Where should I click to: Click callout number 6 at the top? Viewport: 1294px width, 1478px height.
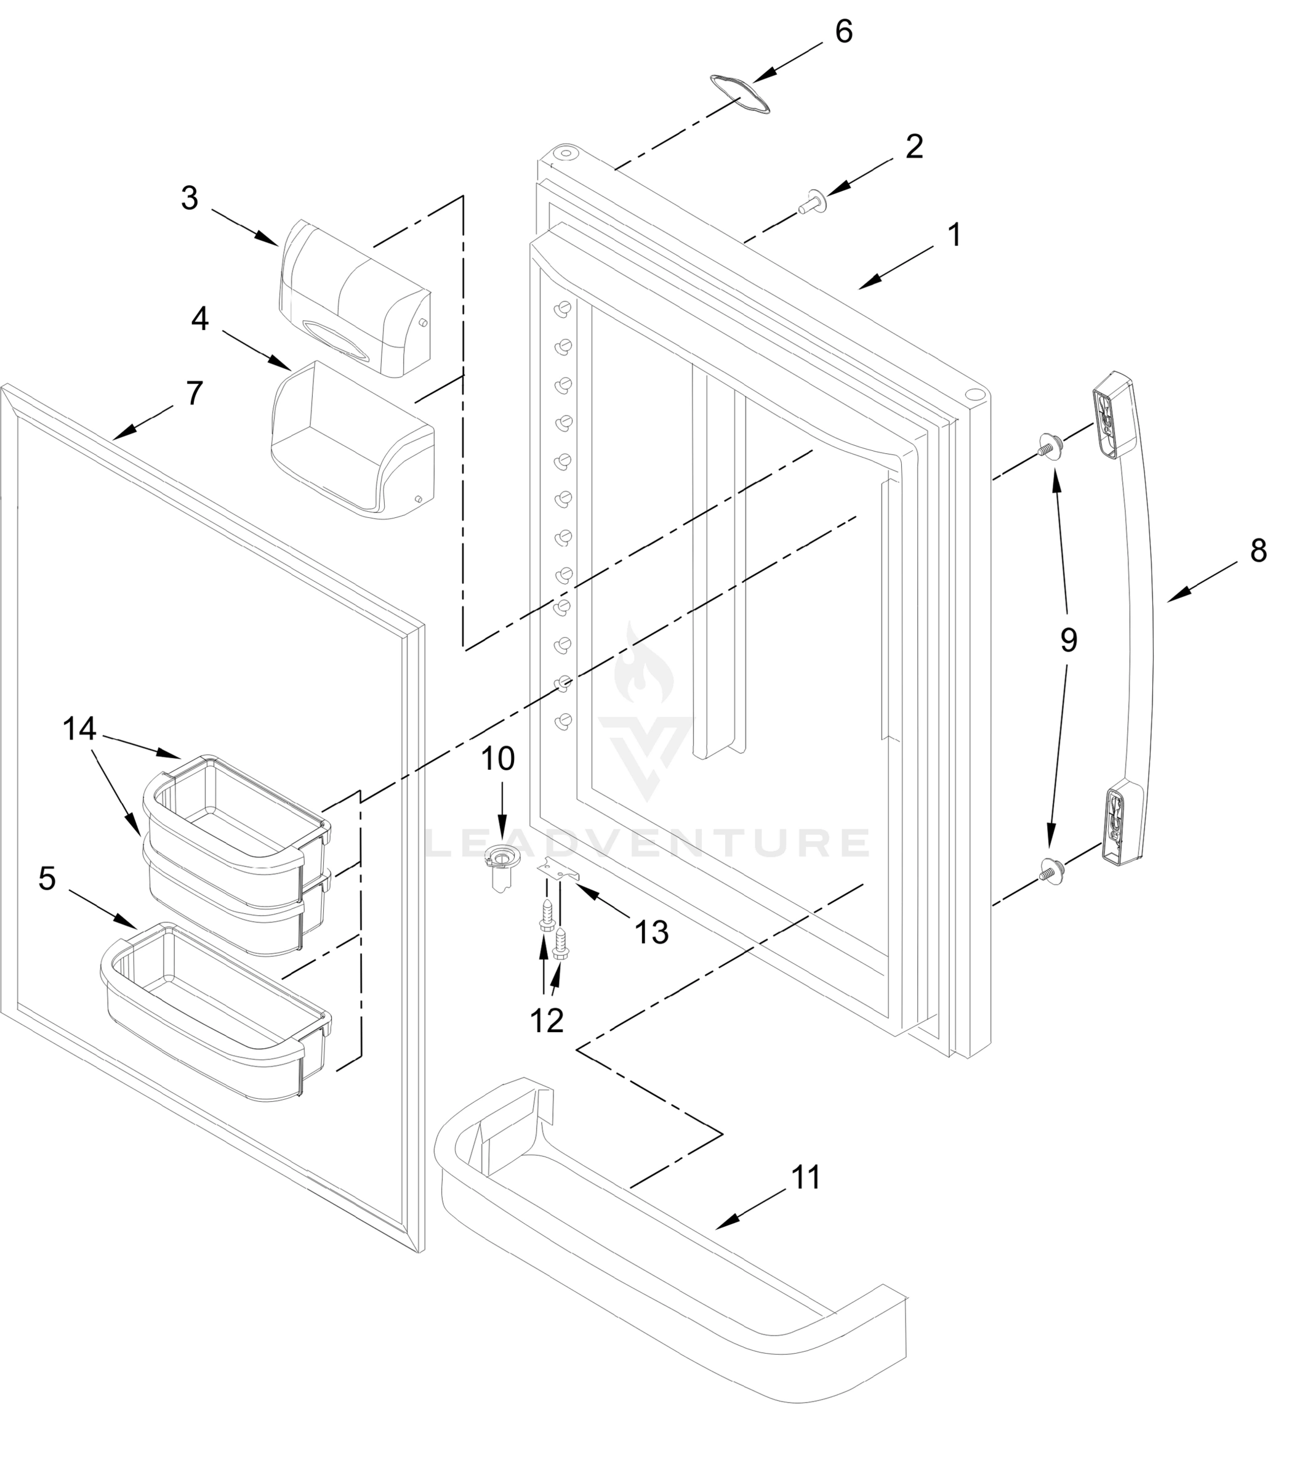[x=843, y=33]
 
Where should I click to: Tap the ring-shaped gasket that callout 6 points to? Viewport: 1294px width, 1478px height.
[x=740, y=93]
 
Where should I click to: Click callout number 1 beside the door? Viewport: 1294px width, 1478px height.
[x=955, y=235]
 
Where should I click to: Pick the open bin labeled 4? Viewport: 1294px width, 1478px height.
[x=352, y=442]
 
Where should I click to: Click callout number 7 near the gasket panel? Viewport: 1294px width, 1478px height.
[x=195, y=394]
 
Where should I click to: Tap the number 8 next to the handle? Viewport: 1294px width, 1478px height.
[x=1258, y=551]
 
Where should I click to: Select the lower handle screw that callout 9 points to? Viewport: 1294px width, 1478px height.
[x=1047, y=868]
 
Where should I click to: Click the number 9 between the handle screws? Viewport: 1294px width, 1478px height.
[x=1069, y=640]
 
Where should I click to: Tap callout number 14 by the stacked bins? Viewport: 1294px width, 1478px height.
[x=79, y=730]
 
